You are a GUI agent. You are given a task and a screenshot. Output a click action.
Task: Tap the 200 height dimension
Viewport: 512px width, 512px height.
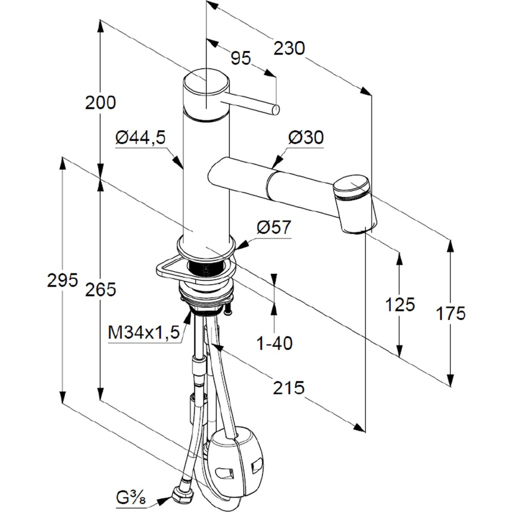click(101, 103)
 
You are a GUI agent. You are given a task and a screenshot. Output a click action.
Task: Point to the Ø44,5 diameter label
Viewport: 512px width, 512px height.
click(140, 137)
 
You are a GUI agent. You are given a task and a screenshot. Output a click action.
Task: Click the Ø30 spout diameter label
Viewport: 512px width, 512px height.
click(306, 137)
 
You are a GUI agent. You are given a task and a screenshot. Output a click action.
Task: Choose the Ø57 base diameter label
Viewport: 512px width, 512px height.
click(273, 228)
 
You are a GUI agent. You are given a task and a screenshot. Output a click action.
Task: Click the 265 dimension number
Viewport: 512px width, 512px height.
click(101, 290)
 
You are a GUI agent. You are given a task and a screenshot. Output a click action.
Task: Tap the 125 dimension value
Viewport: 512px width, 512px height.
click(400, 305)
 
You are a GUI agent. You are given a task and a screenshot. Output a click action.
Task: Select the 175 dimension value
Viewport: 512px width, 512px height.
click(451, 314)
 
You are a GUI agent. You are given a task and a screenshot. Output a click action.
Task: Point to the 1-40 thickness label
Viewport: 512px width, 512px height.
click(274, 343)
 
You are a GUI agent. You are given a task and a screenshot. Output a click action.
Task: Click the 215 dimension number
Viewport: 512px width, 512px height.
click(289, 387)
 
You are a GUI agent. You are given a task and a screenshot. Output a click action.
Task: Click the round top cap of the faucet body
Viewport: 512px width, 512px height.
click(206, 83)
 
